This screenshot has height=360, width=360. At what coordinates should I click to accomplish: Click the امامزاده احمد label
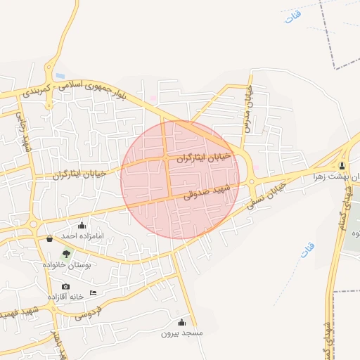[x=82, y=236]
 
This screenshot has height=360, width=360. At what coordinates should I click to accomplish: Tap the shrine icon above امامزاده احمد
[x=82, y=226]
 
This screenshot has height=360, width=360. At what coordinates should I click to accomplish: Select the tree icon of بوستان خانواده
[x=66, y=254]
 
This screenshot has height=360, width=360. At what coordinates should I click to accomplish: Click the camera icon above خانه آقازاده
[x=66, y=286]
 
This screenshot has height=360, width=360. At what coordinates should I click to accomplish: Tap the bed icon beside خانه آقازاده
[x=94, y=293]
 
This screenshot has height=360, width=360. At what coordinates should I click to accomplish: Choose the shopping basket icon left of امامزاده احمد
[x=49, y=239]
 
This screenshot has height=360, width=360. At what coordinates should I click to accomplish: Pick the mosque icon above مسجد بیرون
[x=182, y=322]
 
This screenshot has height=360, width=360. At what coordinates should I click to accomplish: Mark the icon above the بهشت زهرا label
[x=342, y=166]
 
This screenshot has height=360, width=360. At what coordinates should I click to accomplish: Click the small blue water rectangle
[x=60, y=75]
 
